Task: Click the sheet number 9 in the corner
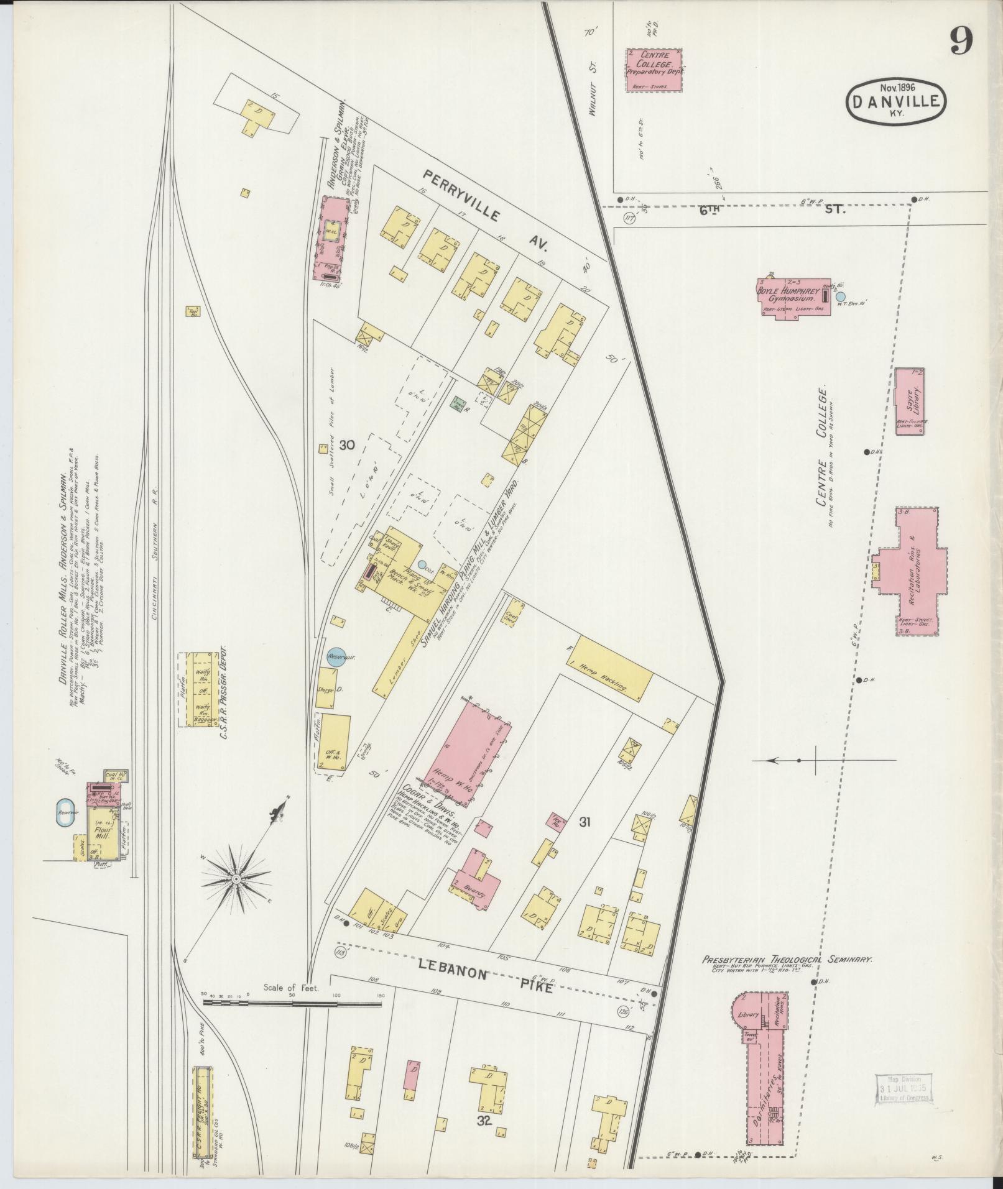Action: point(960,42)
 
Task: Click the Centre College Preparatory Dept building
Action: point(653,70)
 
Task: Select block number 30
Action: point(346,445)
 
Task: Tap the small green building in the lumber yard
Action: point(460,402)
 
